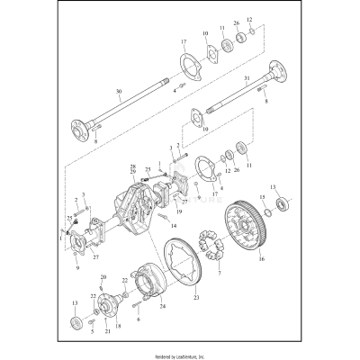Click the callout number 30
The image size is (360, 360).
pos(118,92)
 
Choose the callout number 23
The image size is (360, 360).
pos(197,297)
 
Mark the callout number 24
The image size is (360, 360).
pos(163,307)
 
